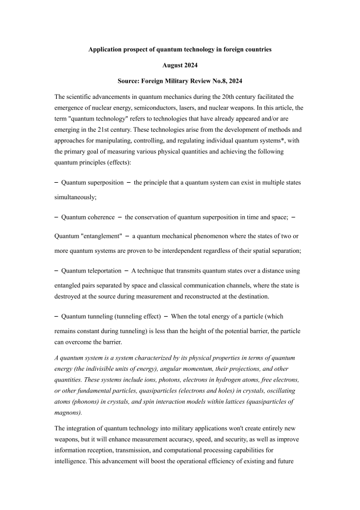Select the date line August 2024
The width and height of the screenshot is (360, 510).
[179, 66]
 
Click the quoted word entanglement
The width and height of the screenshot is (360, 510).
[107, 236]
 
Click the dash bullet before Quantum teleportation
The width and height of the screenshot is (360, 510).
[57, 270]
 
